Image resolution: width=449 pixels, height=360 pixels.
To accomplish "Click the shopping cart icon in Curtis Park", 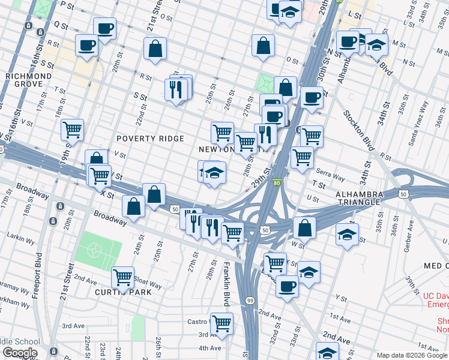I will (122, 277).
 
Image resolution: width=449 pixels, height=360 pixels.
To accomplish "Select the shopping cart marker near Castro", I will (221, 323).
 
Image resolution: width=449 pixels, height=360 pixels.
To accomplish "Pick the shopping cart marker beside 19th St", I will (72, 129).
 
